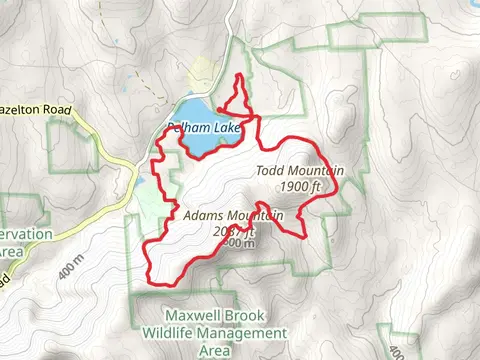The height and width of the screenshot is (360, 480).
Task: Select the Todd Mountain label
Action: coord(300,171)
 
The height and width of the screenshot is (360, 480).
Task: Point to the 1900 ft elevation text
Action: coord(300,186)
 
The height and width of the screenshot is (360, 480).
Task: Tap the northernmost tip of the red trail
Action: coord(240,77)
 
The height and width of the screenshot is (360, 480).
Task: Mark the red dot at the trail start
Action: coord(219,99)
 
